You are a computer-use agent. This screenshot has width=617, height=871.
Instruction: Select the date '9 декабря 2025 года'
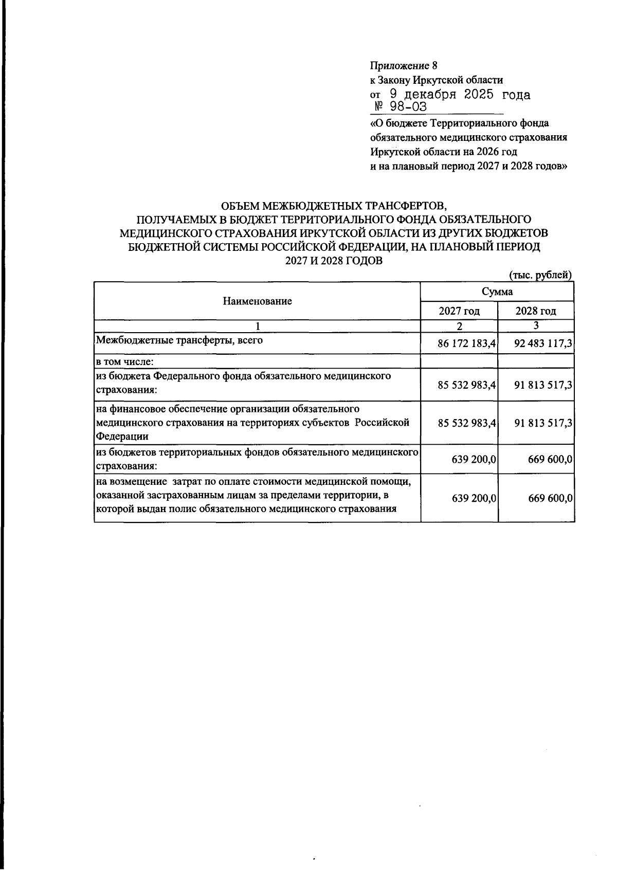(x=459, y=95)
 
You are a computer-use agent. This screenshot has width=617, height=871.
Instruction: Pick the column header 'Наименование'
(x=257, y=301)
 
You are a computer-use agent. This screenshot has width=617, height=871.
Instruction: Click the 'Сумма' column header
(x=497, y=292)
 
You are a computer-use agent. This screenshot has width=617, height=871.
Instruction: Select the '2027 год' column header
(x=459, y=311)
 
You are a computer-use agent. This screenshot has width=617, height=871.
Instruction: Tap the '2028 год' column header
(x=536, y=311)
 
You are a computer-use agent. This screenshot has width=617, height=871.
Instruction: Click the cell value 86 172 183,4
(x=466, y=344)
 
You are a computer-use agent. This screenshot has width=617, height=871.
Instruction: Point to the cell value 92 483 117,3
(x=543, y=344)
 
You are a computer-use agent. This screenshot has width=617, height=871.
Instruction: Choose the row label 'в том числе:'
(x=125, y=361)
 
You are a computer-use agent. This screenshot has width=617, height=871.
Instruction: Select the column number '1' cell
(x=258, y=326)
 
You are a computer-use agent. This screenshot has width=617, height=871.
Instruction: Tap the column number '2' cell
(x=459, y=326)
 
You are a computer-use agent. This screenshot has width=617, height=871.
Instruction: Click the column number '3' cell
(x=536, y=325)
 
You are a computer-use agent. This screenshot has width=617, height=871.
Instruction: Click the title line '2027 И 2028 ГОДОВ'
(x=334, y=261)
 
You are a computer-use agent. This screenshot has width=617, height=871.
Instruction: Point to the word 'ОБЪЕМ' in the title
(x=238, y=206)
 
